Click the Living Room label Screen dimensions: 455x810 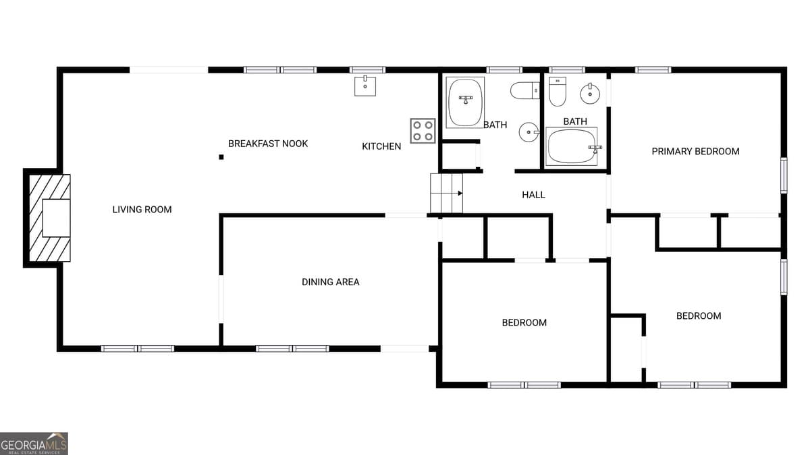click(x=142, y=210)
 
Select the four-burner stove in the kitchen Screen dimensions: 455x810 click(x=423, y=131)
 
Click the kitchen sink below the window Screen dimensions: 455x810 click(x=365, y=86)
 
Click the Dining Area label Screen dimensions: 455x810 click(x=330, y=282)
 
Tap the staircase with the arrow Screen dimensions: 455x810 click(x=447, y=193)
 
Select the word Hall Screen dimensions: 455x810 click(x=533, y=195)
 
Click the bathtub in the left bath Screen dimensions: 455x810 click(x=466, y=102)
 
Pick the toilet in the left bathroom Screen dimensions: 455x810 click(x=524, y=90)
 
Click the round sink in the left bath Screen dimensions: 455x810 click(x=528, y=132)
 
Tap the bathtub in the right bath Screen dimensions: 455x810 click(x=572, y=147)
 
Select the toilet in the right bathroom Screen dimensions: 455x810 click(x=557, y=92)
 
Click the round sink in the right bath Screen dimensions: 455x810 click(x=591, y=93)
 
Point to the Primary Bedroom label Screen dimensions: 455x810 click(x=695, y=152)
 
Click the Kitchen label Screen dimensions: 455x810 click(x=381, y=146)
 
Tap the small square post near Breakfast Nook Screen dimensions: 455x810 click(x=221, y=157)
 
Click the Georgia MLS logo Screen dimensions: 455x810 click(x=34, y=444)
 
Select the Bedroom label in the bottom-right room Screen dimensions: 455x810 click(x=699, y=316)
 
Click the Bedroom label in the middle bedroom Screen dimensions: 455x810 click(x=524, y=323)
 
